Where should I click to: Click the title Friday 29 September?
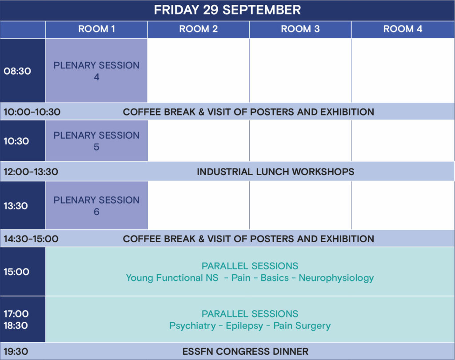(227, 10)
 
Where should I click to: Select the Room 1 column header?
(96, 29)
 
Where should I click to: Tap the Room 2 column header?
(199, 29)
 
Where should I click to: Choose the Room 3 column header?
(300, 29)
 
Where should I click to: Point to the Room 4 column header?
(403, 29)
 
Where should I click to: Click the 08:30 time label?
(17, 71)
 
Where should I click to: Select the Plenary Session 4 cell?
(96, 71)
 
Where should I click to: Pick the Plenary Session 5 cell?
(96, 141)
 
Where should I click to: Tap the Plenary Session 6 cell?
(96, 205)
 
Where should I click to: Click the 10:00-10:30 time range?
(32, 112)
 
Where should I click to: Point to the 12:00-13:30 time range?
(31, 172)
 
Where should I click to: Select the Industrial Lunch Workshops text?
(275, 172)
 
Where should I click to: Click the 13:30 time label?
(16, 206)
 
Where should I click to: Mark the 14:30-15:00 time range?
(31, 239)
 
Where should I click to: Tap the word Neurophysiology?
(336, 278)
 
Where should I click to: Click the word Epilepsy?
(245, 326)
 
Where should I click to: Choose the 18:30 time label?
(16, 325)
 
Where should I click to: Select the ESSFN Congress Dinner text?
(245, 352)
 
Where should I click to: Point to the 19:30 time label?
(16, 352)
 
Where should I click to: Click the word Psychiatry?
(193, 326)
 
